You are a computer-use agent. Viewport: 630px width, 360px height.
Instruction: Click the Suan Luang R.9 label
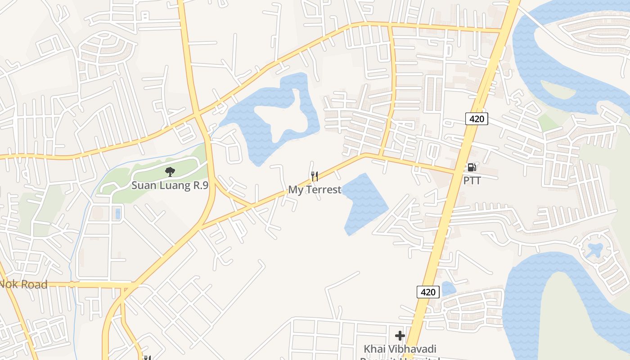click(170, 185)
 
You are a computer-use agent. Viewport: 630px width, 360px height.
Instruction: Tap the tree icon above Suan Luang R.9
click(170, 171)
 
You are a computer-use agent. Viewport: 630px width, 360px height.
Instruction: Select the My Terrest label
click(315, 190)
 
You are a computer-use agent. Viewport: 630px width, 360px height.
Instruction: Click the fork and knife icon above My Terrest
click(315, 176)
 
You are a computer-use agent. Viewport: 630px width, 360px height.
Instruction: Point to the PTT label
click(472, 181)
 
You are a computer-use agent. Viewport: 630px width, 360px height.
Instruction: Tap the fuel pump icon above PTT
click(472, 167)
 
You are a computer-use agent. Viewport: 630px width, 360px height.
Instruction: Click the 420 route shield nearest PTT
click(477, 119)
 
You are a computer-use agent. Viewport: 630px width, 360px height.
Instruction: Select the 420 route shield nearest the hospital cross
click(427, 292)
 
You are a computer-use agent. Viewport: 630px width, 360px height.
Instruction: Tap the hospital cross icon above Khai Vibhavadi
click(400, 336)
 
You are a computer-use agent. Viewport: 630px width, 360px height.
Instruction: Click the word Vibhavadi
click(413, 349)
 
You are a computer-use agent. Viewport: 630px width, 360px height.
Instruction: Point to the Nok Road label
click(23, 284)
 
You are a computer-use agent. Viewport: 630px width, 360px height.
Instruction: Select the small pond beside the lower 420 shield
click(448, 288)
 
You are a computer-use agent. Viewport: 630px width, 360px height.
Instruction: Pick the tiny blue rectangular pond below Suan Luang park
click(118, 213)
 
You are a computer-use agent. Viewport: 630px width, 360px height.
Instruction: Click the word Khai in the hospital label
click(374, 349)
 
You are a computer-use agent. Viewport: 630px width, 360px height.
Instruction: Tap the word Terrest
click(324, 190)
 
